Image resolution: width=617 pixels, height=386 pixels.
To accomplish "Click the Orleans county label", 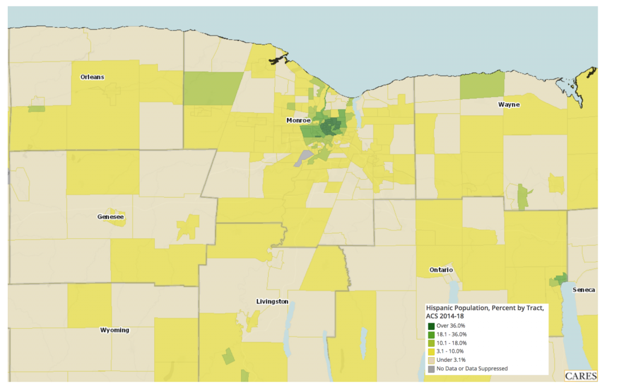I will click(x=92, y=77).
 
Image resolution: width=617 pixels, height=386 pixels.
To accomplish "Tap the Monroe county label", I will click(x=298, y=121).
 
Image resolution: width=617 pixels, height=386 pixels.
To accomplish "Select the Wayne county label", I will click(x=509, y=105).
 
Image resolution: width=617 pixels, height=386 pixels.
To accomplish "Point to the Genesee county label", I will click(x=111, y=217).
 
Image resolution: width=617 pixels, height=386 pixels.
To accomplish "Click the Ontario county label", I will click(x=441, y=270).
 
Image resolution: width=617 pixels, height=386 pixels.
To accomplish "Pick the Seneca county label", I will click(x=584, y=290).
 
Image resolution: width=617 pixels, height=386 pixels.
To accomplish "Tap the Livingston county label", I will click(x=272, y=302).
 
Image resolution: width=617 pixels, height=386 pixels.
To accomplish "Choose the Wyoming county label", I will click(x=114, y=330).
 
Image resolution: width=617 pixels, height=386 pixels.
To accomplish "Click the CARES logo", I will click(x=581, y=376).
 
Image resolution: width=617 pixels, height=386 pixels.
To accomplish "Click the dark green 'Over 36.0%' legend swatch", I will click(x=431, y=326).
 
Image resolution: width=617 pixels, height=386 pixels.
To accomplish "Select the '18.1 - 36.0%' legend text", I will click(x=452, y=334).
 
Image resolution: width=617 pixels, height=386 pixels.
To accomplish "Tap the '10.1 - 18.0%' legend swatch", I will click(x=431, y=343).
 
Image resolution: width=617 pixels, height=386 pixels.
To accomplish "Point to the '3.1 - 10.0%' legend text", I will click(x=451, y=351).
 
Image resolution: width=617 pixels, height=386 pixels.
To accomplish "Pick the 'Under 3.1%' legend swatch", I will click(x=431, y=359).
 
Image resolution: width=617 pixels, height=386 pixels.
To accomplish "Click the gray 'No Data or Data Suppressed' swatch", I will click(x=431, y=368).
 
